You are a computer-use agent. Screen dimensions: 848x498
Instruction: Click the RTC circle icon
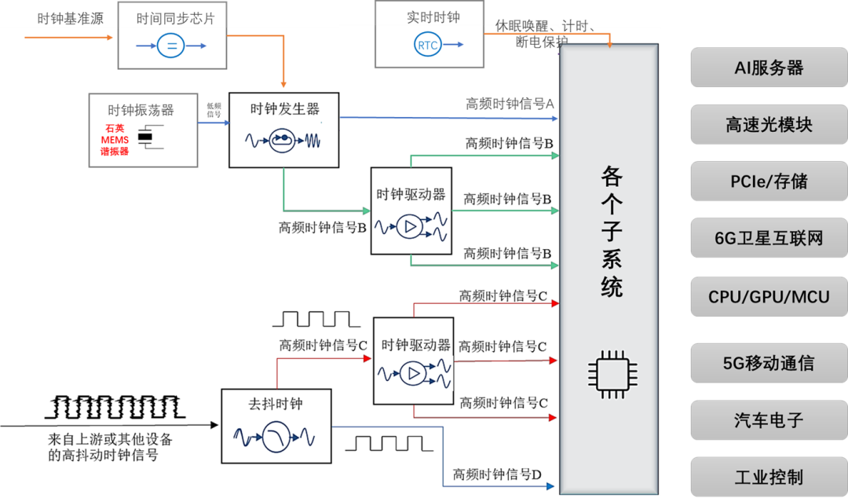pyautogui.click(x=428, y=45)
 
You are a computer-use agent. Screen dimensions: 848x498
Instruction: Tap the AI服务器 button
pyautogui.click(x=769, y=68)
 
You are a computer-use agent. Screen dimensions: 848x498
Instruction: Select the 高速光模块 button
pyautogui.click(x=769, y=124)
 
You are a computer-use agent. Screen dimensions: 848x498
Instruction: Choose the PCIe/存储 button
pyautogui.click(x=769, y=181)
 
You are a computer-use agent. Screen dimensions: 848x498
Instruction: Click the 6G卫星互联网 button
pyautogui.click(x=769, y=238)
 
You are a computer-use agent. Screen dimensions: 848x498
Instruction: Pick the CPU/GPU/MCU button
pyautogui.click(x=769, y=297)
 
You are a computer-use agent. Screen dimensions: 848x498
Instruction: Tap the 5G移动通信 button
pyautogui.click(x=769, y=363)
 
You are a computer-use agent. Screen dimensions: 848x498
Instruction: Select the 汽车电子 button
pyautogui.click(x=769, y=420)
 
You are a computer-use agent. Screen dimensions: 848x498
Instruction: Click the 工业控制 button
pyautogui.click(x=769, y=477)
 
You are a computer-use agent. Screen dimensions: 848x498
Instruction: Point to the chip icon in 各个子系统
pyautogui.click(x=612, y=374)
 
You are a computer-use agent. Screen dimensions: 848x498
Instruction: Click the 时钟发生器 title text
pyautogui.click(x=284, y=109)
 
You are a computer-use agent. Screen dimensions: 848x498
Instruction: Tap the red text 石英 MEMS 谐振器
pyautogui.click(x=115, y=140)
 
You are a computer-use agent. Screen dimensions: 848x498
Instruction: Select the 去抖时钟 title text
pyautogui.click(x=276, y=404)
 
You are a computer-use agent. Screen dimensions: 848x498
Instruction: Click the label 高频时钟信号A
pyautogui.click(x=510, y=104)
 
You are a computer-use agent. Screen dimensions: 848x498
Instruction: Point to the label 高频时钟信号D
pyautogui.click(x=497, y=474)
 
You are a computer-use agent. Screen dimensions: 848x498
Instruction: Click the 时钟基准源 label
pyautogui.click(x=70, y=19)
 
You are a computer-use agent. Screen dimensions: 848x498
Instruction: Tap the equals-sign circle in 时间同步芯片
pyautogui.click(x=171, y=46)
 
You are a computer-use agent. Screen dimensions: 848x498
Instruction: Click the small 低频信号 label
pyautogui.click(x=214, y=110)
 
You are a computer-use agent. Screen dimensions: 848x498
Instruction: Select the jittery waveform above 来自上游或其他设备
pyautogui.click(x=115, y=408)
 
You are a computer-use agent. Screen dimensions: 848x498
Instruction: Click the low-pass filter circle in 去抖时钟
pyautogui.click(x=276, y=437)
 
